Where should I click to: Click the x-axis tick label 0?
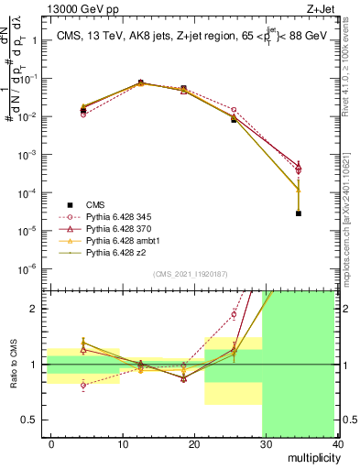(x=51, y=443)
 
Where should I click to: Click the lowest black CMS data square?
(x=299, y=213)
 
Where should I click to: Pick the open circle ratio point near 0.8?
(x=83, y=385)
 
